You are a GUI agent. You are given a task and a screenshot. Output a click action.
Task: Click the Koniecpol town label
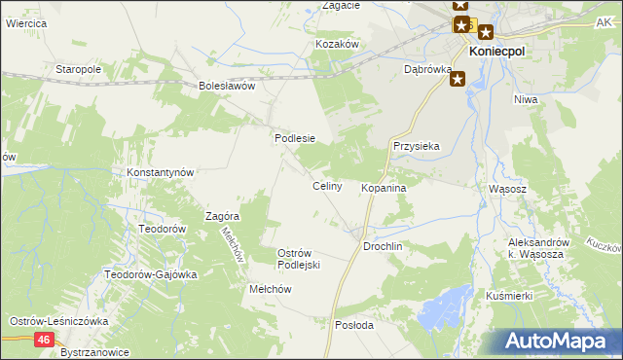pyautogui.click(x=497, y=52)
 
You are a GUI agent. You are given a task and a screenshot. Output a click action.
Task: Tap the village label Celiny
pyautogui.click(x=326, y=186)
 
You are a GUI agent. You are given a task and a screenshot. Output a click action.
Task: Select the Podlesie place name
pyautogui.click(x=295, y=138)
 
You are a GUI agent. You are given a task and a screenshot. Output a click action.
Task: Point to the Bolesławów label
pyautogui.click(x=227, y=86)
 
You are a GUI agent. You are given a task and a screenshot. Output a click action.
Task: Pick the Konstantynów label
pyautogui.click(x=162, y=172)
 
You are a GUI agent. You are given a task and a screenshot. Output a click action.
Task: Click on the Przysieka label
pyautogui.click(x=417, y=146)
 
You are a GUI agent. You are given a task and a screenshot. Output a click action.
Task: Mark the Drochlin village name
pyautogui.click(x=383, y=247)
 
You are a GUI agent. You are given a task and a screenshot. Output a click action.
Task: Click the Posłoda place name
pyautogui.click(x=353, y=326)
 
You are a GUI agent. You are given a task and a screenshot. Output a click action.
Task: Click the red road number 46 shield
pyautogui.click(x=44, y=339)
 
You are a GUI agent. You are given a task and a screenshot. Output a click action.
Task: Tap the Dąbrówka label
pyautogui.click(x=427, y=70)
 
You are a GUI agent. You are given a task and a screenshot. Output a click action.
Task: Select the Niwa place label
pyautogui.click(x=527, y=98)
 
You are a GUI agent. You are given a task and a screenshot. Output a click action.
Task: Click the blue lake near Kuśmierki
pyautogui.click(x=443, y=314)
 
